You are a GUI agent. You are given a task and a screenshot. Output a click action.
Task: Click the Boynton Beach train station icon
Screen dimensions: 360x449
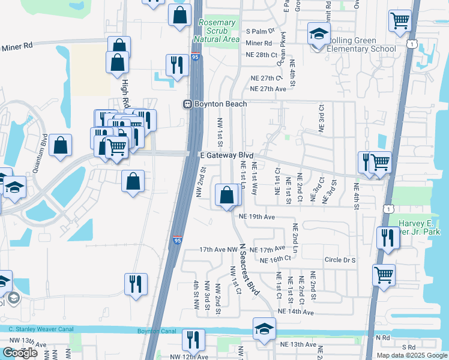(187, 104)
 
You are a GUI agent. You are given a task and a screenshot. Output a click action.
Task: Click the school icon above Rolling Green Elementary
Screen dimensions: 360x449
(319, 34)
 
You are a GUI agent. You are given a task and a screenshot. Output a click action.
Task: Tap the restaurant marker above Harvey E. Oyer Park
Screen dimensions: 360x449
(388, 238)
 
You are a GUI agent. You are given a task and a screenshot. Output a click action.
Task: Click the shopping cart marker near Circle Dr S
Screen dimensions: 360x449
(384, 275)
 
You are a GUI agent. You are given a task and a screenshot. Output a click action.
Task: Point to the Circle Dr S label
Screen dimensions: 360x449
(340, 260)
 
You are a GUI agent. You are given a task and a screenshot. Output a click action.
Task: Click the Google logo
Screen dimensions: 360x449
(20, 353)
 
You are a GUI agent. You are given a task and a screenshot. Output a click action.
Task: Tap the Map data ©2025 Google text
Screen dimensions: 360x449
(411, 355)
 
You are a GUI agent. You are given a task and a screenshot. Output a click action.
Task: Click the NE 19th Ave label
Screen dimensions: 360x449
(256, 217)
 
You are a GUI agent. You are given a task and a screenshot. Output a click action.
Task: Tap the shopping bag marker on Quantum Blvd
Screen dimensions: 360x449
(60, 145)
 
